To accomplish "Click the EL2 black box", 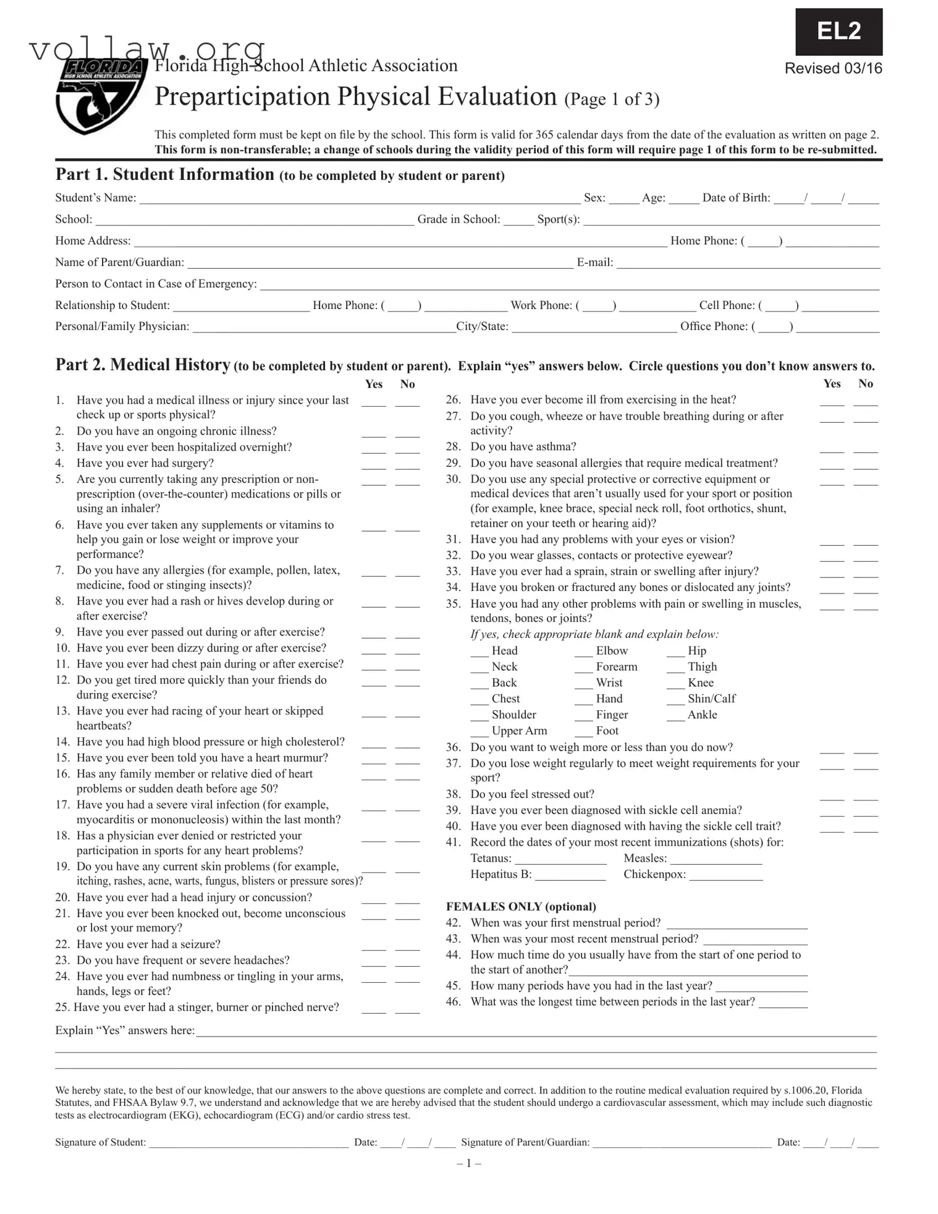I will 839,32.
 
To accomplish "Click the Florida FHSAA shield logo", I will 101,96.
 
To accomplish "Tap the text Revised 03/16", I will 833,69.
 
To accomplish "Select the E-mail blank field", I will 748,263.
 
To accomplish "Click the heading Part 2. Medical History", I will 143,365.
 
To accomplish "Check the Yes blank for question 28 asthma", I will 832,449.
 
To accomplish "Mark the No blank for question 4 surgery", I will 407,465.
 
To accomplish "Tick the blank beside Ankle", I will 675,716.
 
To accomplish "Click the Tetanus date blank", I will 560,860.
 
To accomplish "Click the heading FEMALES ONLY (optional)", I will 521,907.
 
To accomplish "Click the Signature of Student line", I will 248,1144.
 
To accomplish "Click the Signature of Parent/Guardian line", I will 682,1144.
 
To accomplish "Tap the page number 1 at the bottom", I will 469,1164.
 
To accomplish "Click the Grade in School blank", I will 518,221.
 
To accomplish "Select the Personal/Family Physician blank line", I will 324,328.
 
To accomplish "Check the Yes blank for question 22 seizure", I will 373,946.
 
